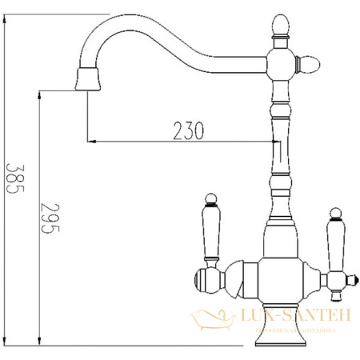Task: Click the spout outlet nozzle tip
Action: pyautogui.click(x=87, y=78)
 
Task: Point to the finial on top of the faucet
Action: pyautogui.click(x=281, y=26)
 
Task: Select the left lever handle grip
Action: pyautogui.click(x=212, y=232)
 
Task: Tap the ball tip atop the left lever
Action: pyautogui.click(x=211, y=198)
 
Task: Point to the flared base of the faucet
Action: pyautogui.click(x=281, y=339)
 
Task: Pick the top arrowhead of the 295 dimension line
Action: pyautogui.click(x=38, y=94)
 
